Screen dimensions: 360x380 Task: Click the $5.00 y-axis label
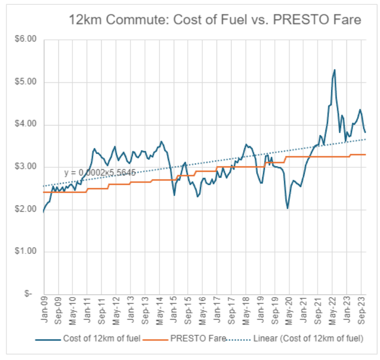click(27, 82)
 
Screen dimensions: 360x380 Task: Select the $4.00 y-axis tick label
click(27, 125)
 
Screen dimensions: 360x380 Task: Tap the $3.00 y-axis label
click(27, 167)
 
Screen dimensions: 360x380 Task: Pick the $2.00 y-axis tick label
click(27, 209)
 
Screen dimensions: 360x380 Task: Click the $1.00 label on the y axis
click(27, 252)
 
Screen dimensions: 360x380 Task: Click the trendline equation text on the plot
click(99, 172)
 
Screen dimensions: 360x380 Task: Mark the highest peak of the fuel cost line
click(335, 70)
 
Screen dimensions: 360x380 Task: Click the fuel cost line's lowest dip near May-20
click(288, 208)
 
